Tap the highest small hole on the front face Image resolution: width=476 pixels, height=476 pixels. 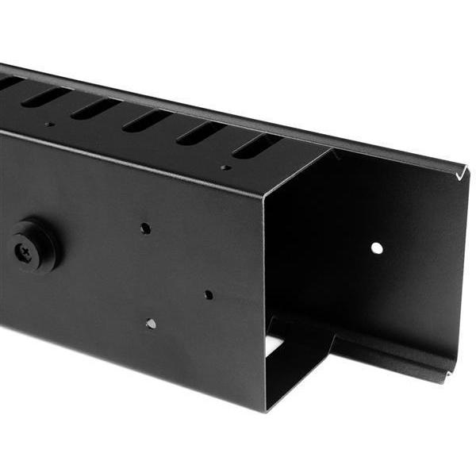tap(145, 228)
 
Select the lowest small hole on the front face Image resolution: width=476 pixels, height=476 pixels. tap(151, 324)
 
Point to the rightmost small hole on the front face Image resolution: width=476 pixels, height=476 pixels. tap(208, 294)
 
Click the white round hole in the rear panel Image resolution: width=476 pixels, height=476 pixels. tap(377, 248)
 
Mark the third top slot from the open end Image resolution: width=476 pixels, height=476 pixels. tap(148, 120)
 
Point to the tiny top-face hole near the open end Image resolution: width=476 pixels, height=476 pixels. tap(225, 167)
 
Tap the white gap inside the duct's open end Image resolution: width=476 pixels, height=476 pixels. tap(274, 344)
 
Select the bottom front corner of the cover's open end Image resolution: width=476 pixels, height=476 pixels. tap(265, 409)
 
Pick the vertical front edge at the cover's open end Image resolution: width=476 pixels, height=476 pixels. tap(264, 301)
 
